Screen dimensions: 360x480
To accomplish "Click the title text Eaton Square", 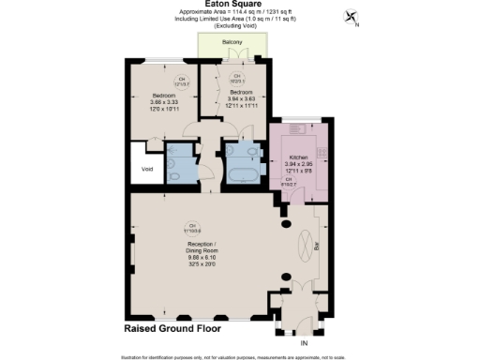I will point(239,5).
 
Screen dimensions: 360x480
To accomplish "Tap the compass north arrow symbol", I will point(351,16).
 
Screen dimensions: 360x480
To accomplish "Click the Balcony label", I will point(232,43).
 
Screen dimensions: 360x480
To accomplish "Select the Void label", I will point(146,169).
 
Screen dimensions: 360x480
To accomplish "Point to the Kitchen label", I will point(297,157).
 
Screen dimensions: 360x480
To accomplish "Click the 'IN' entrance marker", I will point(303,344).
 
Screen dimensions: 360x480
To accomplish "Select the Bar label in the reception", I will point(316,247).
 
